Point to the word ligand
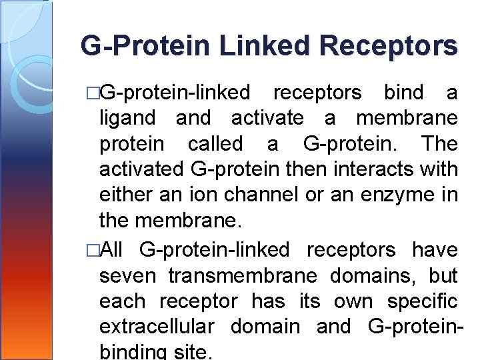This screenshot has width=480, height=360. (127, 119)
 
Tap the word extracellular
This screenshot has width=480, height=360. (157, 327)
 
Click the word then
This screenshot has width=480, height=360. (303, 170)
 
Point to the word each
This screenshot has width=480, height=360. (123, 301)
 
